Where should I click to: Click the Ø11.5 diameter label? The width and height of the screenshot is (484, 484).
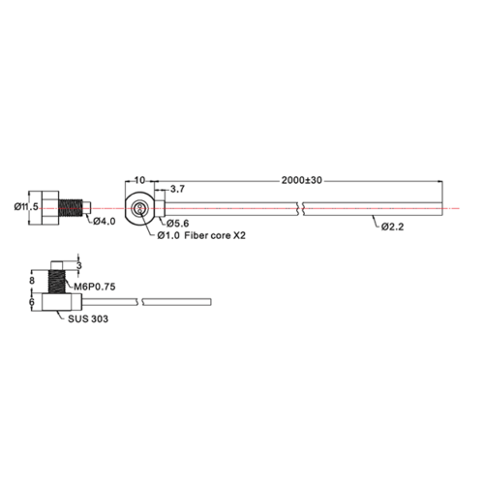coord(26,206)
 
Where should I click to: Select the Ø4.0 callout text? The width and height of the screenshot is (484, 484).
coord(105,222)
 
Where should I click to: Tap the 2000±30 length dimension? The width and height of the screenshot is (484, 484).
coord(302,180)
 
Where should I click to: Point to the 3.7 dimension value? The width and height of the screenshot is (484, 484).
coord(177,189)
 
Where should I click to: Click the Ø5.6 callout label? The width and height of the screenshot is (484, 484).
coord(178,223)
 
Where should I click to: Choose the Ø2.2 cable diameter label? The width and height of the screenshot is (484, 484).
coord(392,227)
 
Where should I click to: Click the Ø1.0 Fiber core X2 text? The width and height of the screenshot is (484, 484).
coord(201,235)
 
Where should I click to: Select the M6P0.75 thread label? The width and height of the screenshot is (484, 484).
coord(95,287)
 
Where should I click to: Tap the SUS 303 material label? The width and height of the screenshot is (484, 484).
coord(88,319)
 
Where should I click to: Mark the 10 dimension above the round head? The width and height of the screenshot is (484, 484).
coord(139,180)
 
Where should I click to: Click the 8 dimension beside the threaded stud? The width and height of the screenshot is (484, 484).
coord(32,281)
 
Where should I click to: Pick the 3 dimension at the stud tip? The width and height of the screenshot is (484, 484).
coord(79,266)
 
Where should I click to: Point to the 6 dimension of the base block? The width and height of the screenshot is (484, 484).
coord(32,302)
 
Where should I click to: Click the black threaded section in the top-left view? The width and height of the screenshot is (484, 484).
coord(71,208)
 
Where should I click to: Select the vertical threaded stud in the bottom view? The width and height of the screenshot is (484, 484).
coord(56,282)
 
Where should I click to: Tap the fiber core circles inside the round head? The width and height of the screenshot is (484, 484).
coord(139,208)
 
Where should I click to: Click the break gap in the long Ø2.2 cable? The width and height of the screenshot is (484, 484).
coord(300,209)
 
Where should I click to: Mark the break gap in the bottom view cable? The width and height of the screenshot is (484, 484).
coord(139,302)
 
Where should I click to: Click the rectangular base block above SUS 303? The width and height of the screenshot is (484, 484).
coord(57,302)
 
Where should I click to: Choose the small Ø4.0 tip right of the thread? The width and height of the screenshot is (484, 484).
coord(87,208)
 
